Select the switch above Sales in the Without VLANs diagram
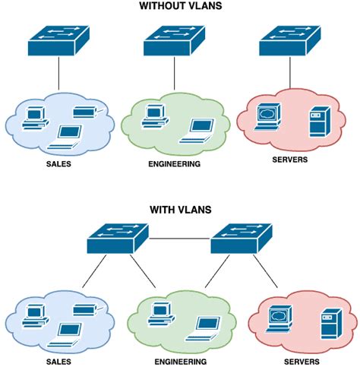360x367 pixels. click(58, 41)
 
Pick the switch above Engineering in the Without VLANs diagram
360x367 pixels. click(174, 41)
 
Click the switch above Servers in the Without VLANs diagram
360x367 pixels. click(290, 41)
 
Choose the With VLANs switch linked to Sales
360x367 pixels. click(117, 239)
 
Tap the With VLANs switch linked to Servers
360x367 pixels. click(240, 239)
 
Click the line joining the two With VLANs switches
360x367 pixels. click(178, 239)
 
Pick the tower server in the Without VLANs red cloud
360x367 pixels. click(315, 124)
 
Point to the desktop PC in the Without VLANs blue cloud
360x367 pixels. click(35, 116)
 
